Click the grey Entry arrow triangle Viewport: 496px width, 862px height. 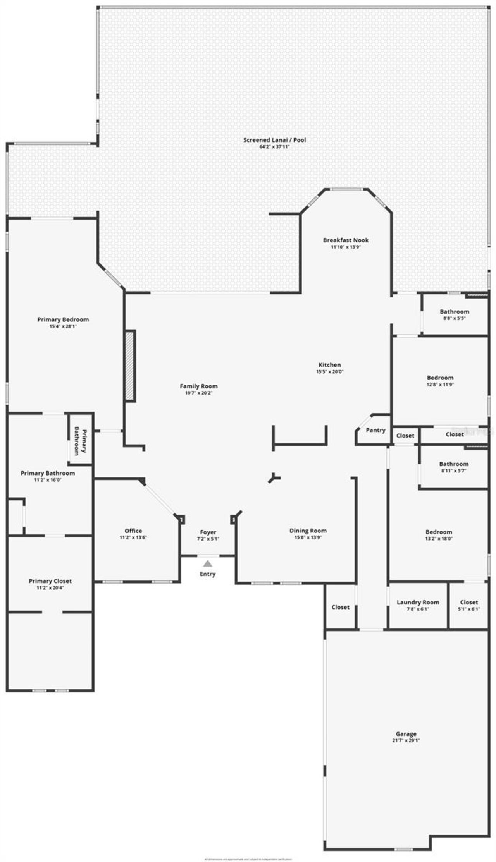tap(208, 563)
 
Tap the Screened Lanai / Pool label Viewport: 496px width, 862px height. tap(274, 140)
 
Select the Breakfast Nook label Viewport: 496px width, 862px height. tap(346, 240)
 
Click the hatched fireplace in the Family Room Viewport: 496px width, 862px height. tap(129, 366)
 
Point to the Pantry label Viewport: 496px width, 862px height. tap(375, 430)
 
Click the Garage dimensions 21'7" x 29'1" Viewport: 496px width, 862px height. tap(406, 740)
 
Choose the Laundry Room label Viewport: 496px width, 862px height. tap(418, 602)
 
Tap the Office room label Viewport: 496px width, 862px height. tap(133, 531)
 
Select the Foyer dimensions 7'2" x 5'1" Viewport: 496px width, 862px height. tap(208, 539)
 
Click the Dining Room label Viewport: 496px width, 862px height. tap(308, 531)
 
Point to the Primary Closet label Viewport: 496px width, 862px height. tap(50, 581)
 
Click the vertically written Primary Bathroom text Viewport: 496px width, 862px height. tap(81, 441)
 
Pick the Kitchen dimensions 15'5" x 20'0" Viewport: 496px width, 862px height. tap(330, 372)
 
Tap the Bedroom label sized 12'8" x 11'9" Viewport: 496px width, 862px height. tap(440, 378)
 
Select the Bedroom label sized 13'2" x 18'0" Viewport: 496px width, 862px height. tap(439, 532)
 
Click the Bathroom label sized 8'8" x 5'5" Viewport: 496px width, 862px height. tap(454, 311)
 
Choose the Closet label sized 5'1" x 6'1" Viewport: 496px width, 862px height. tap(469, 602)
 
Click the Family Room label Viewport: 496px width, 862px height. tap(199, 386)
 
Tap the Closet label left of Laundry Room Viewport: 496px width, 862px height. tap(340, 607)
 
